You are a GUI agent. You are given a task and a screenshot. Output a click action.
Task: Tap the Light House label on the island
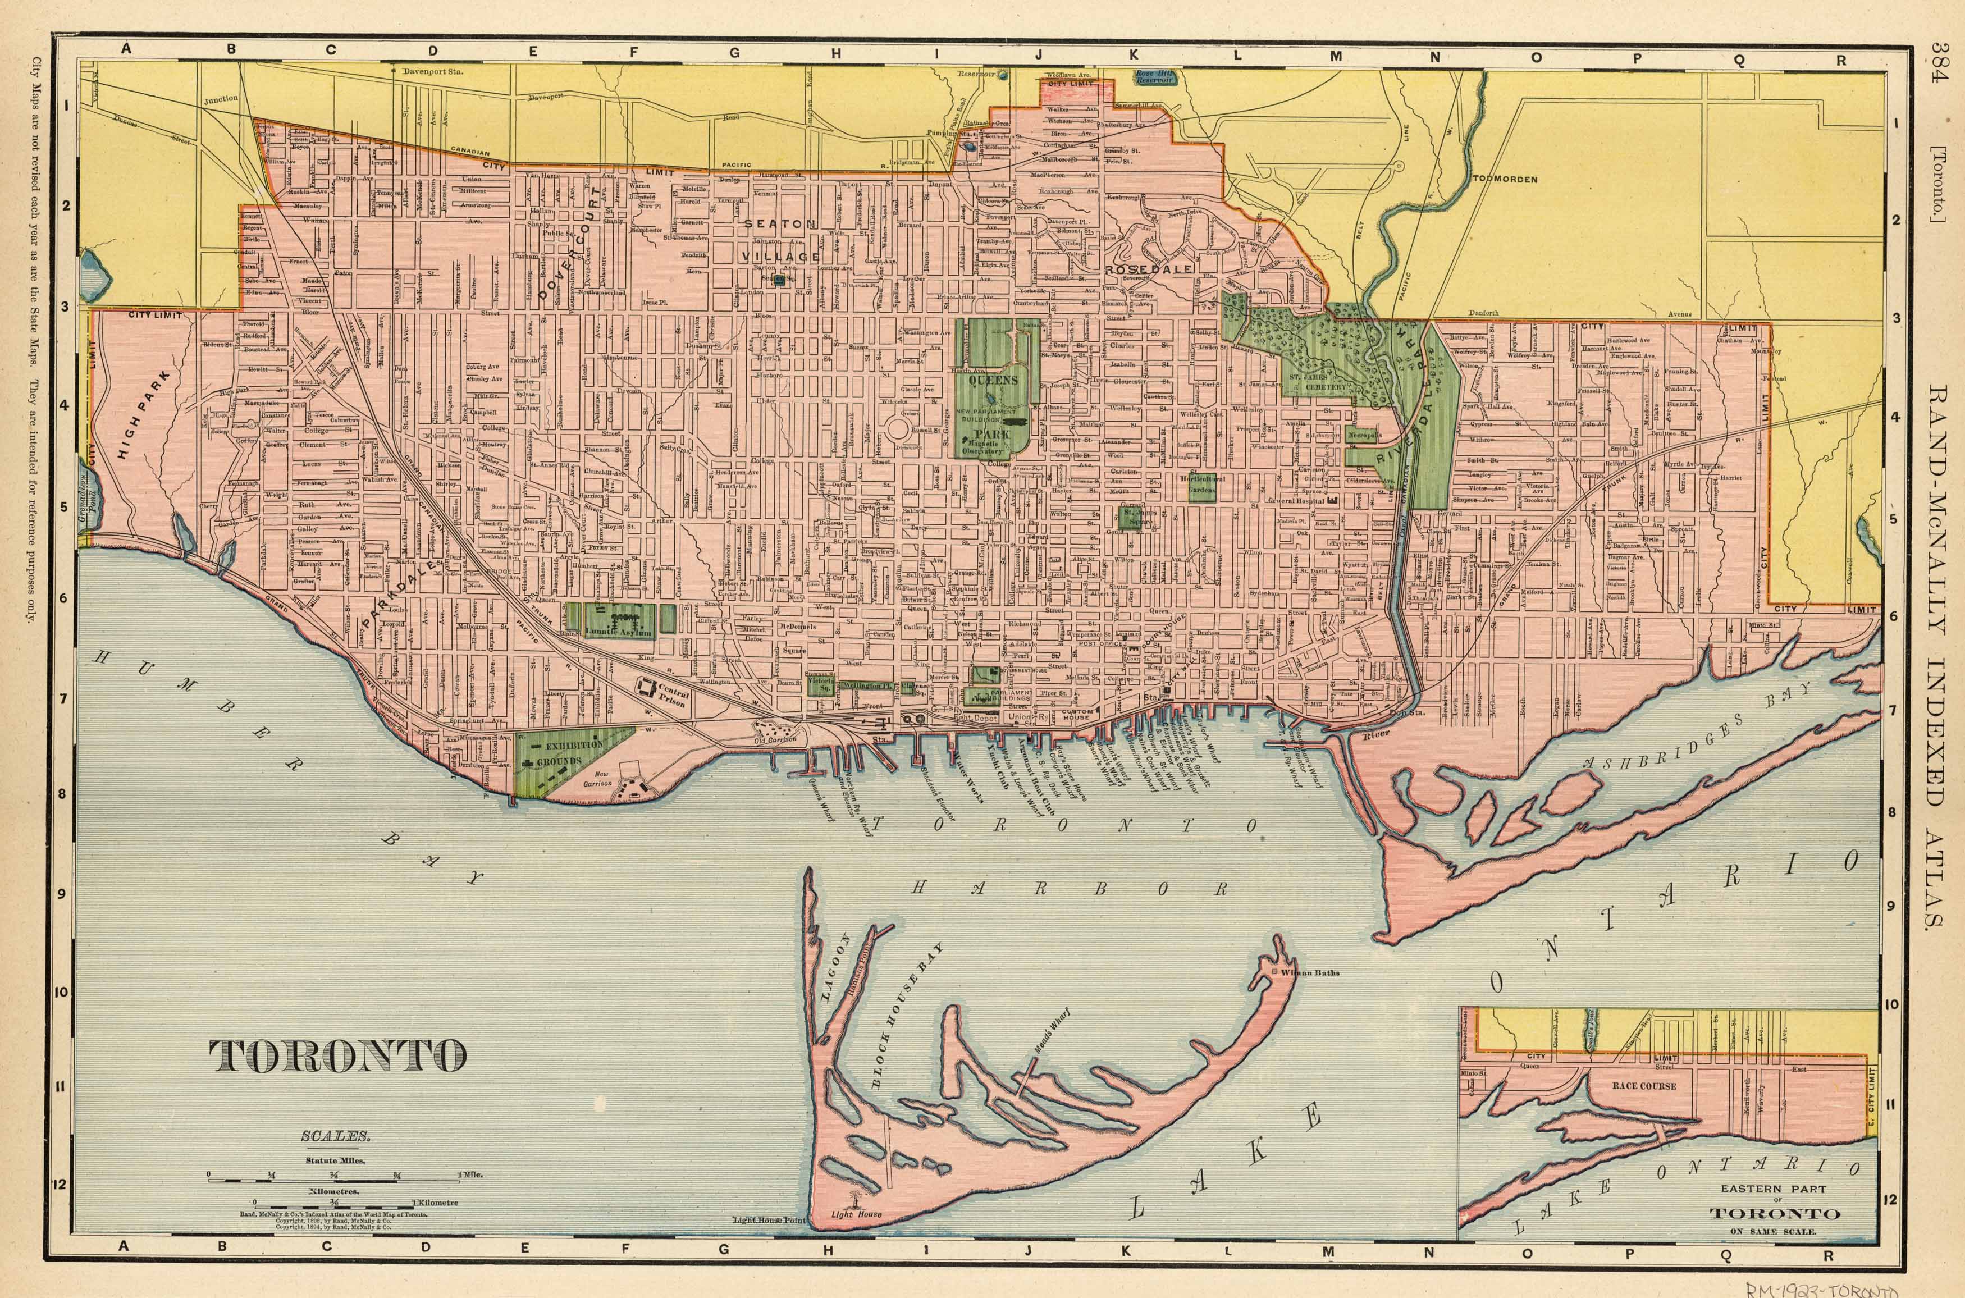(857, 1215)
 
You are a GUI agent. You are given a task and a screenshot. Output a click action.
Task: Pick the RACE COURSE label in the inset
(1644, 1086)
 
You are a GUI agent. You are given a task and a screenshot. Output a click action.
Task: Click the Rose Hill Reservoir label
(1155, 76)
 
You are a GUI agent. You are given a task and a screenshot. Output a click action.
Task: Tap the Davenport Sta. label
(431, 71)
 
